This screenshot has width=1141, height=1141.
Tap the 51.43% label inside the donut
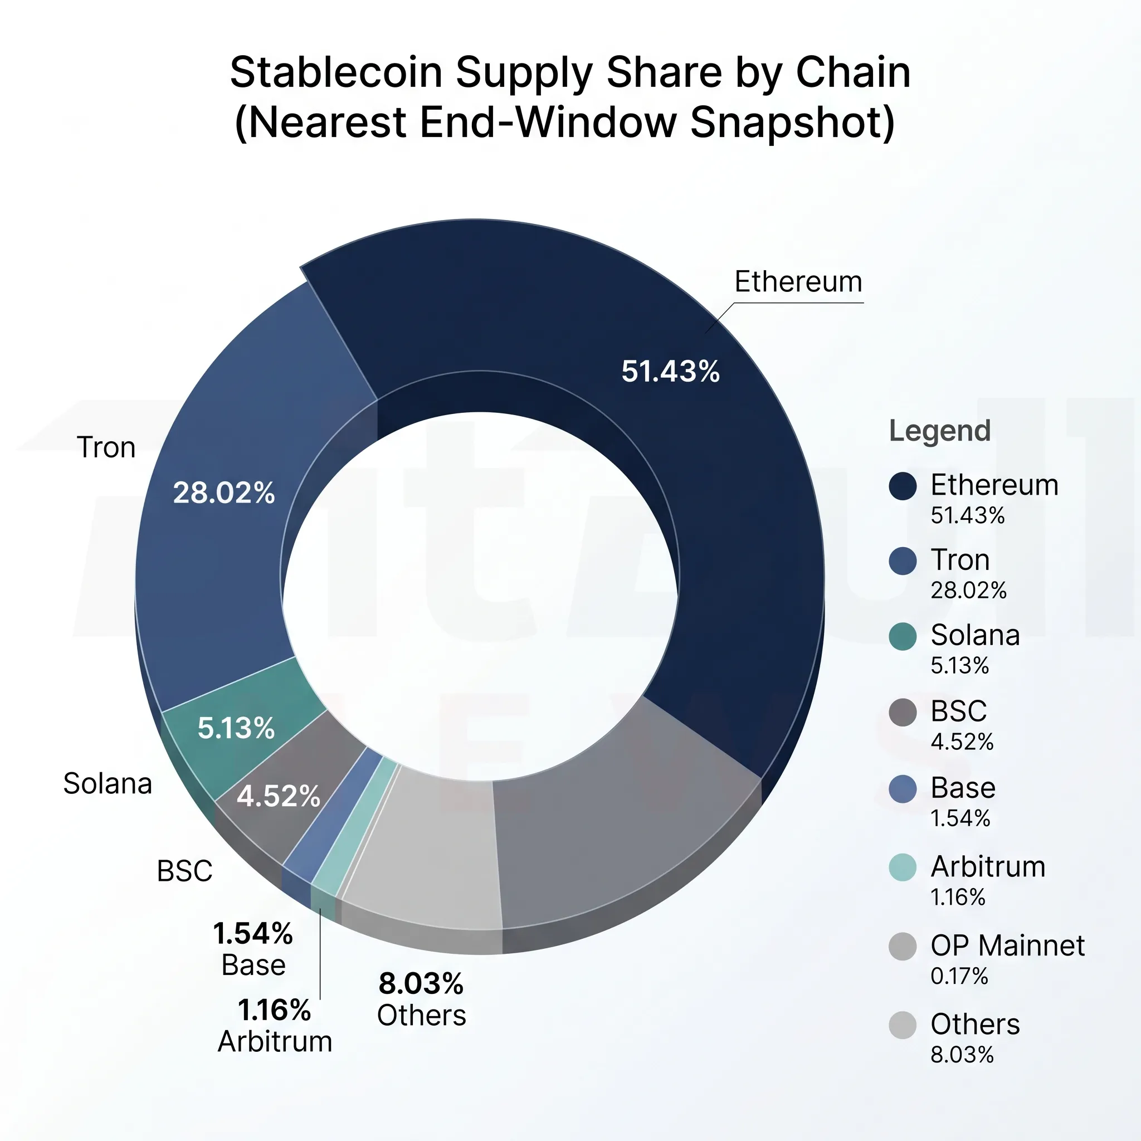pos(670,372)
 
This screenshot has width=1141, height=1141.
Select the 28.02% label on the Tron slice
pos(224,493)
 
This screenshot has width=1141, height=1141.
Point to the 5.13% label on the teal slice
pos(236,728)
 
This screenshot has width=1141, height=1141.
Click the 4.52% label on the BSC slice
pos(278,796)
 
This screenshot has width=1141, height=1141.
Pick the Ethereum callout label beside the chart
pos(798,282)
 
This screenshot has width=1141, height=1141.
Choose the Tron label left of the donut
pos(106,447)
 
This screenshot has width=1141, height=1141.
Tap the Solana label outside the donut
pos(108,784)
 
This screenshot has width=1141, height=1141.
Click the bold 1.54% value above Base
pos(253,934)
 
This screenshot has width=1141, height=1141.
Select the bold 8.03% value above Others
pos(421,983)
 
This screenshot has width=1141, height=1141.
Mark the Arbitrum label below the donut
pos(275,1041)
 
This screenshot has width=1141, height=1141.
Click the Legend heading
pos(940,431)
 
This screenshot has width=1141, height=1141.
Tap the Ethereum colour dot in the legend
pos(903,486)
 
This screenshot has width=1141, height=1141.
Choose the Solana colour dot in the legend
pos(903,636)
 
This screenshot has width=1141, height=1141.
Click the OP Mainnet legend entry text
pos(1007,945)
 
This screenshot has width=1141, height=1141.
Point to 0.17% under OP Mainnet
pos(959,976)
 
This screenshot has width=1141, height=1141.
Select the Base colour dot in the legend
pos(903,788)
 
